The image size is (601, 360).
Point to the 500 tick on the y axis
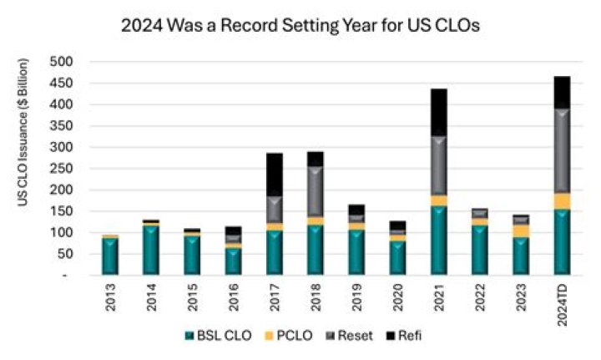pos(63,63)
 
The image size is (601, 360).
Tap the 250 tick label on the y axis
pos(63,169)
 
